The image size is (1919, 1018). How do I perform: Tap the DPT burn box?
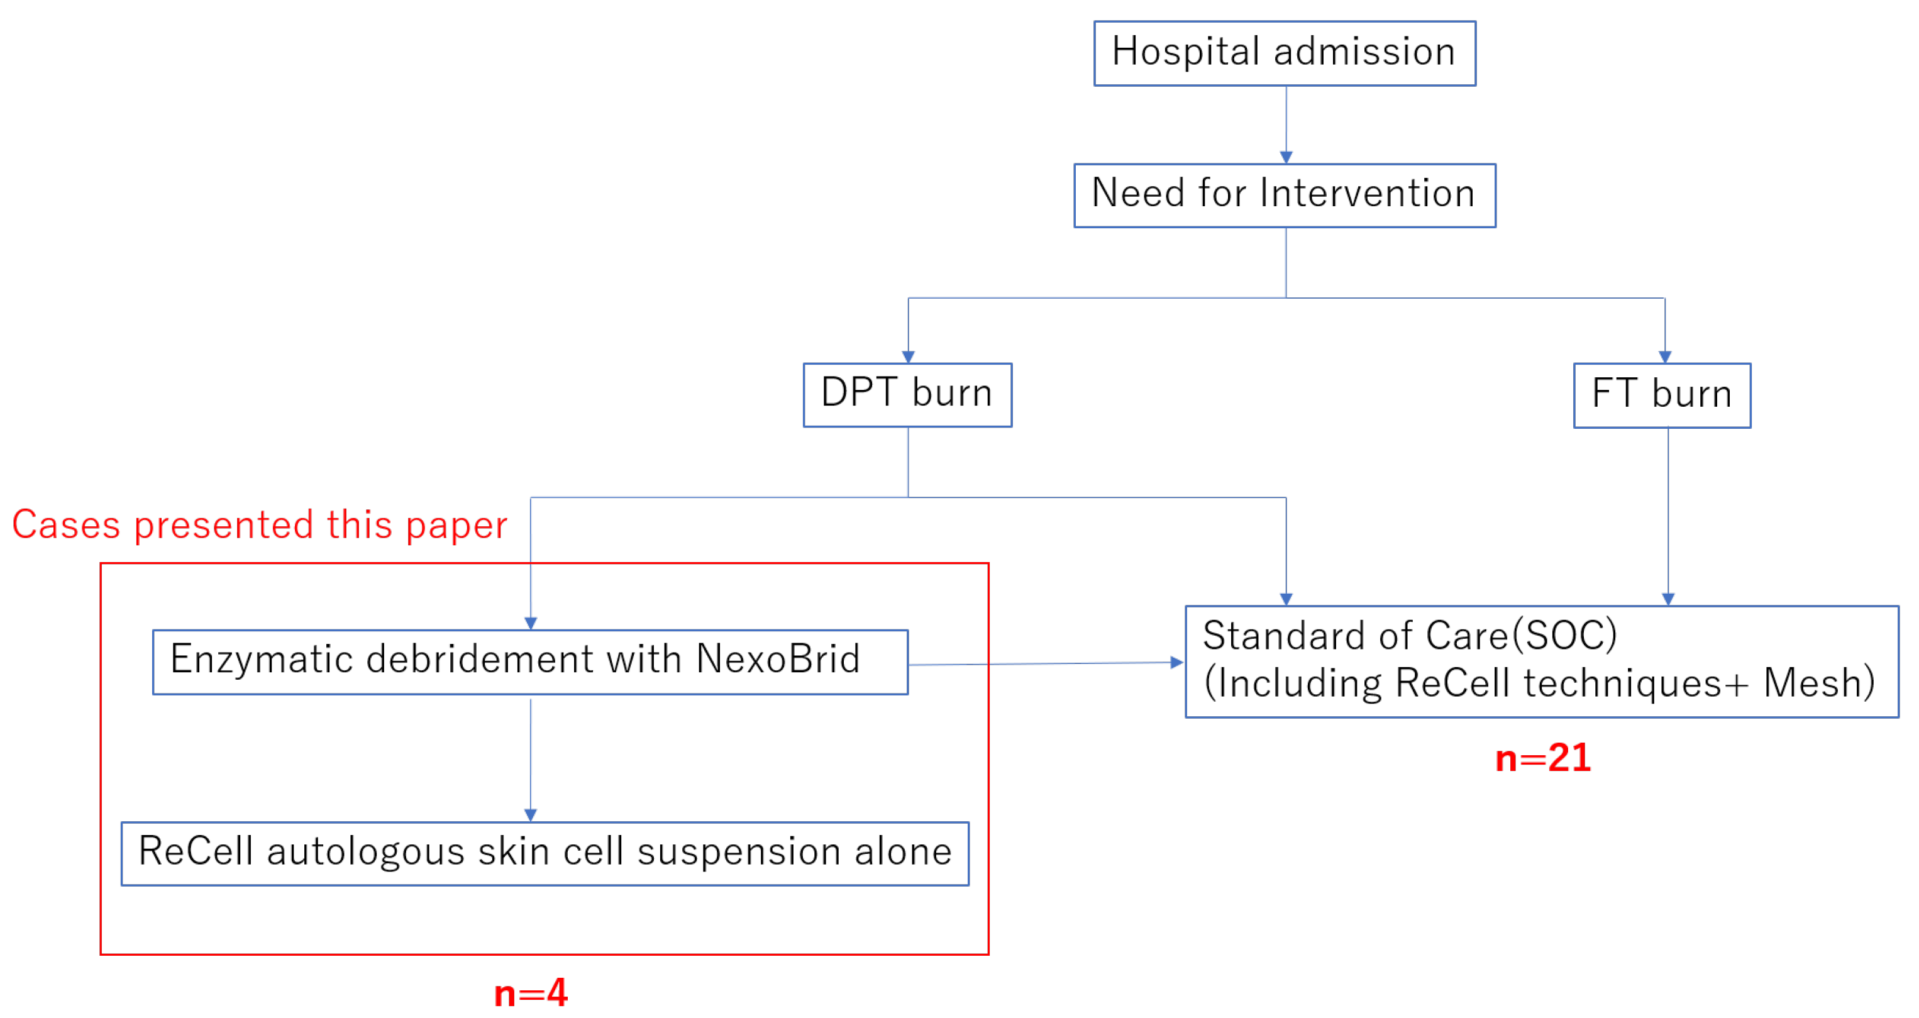[907, 394]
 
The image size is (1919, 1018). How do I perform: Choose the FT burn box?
[1661, 395]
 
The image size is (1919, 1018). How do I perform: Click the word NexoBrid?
[778, 659]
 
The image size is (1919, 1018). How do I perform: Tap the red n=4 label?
[531, 993]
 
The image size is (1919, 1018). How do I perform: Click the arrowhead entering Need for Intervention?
[1286, 157]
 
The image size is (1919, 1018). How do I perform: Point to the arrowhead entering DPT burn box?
[908, 357]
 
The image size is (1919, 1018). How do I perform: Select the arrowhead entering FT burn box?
[1665, 357]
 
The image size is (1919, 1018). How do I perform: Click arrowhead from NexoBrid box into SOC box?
[1177, 661]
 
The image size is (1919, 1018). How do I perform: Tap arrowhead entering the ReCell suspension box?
[531, 816]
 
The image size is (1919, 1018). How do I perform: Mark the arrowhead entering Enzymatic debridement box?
[531, 623]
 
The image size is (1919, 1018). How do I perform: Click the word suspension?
[738, 852]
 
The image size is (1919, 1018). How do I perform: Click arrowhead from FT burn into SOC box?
[1668, 599]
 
